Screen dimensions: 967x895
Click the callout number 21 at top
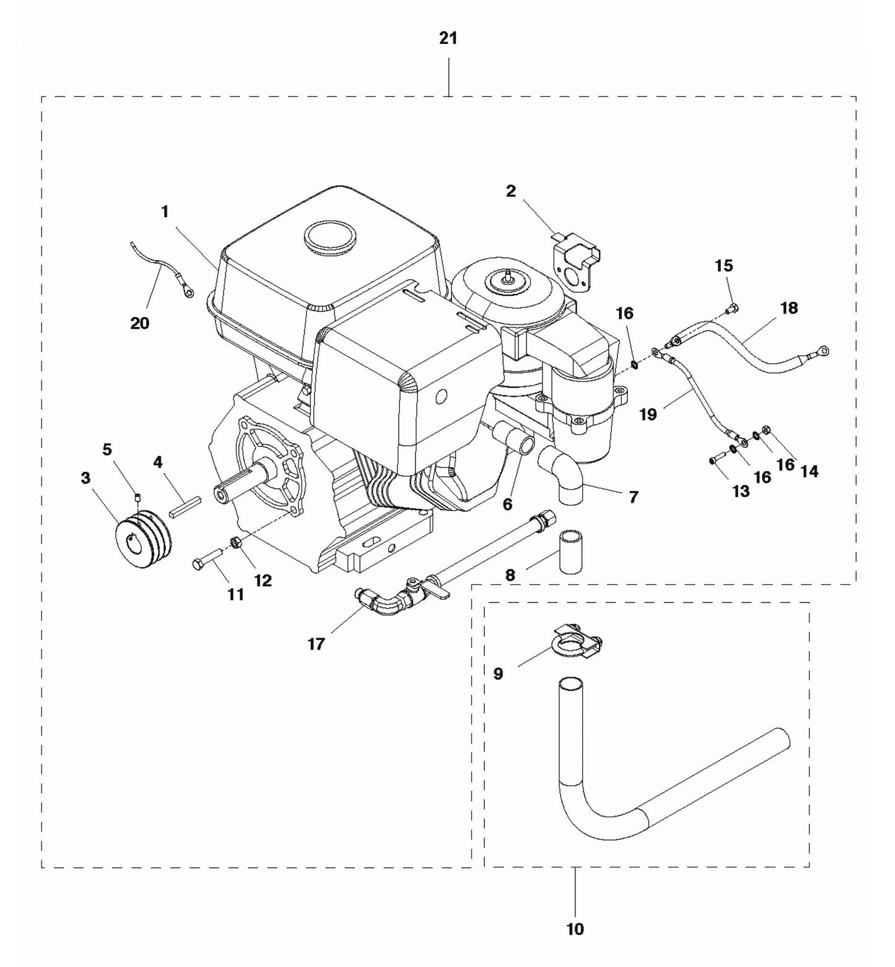(448, 38)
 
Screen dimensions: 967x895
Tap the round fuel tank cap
(331, 236)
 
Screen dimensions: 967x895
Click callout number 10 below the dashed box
(575, 929)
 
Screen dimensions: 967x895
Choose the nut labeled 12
(235, 543)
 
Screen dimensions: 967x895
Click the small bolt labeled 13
(716, 459)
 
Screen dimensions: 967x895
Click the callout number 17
(316, 644)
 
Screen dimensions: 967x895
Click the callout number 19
(648, 414)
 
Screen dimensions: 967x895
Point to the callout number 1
(165, 212)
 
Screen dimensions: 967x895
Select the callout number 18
(788, 308)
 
